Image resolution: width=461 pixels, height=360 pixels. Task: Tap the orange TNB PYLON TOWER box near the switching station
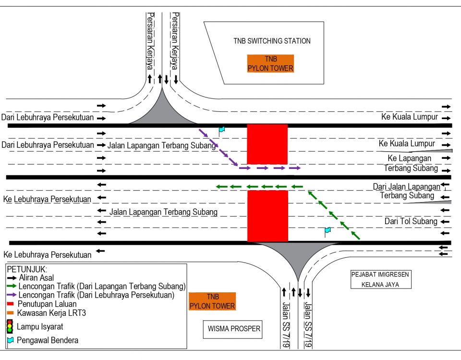[x=270, y=64]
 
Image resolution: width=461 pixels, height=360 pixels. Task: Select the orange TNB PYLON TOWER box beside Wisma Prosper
[x=212, y=301]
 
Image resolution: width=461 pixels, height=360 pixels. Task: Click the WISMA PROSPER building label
[x=234, y=329]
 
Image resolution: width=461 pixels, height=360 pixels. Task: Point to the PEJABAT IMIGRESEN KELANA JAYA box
[x=380, y=279]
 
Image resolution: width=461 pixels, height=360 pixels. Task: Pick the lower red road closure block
[x=267, y=216]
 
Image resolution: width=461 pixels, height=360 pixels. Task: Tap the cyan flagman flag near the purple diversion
[x=221, y=130]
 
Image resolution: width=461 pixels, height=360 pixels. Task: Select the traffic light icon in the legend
[x=10, y=326]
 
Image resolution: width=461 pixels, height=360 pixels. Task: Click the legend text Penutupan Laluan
[x=47, y=304]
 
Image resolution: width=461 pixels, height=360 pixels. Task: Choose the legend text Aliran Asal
[x=36, y=278]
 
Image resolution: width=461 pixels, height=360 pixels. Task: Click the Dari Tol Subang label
[x=411, y=221]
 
